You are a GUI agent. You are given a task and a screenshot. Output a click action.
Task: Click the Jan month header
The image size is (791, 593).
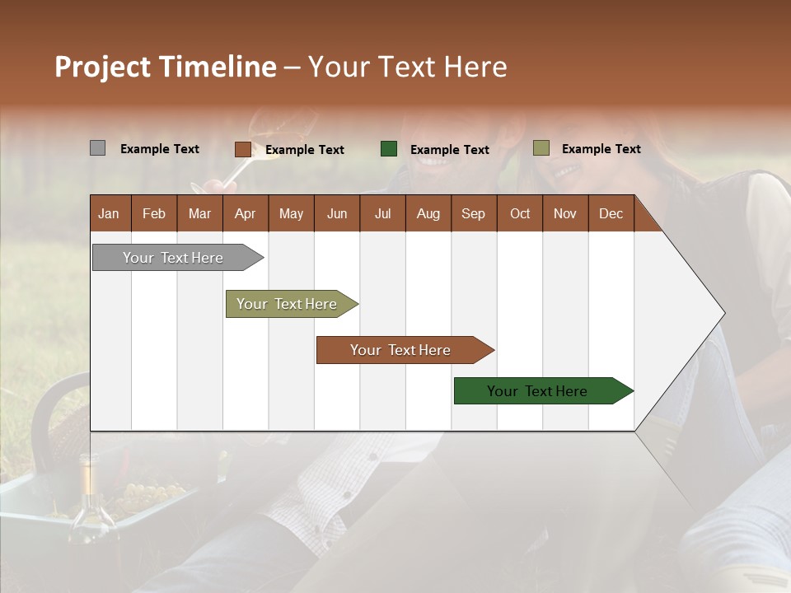coord(109,213)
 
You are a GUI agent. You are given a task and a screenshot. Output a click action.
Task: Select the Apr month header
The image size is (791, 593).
coord(245,213)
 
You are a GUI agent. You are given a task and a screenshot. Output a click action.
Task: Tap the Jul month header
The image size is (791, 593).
coord(382,213)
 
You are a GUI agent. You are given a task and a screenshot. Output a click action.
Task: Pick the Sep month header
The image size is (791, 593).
coord(473,213)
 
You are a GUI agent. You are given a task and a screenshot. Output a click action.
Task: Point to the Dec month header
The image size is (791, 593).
coord(611,213)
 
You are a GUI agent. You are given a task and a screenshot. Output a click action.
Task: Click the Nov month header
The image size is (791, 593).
coord(564,213)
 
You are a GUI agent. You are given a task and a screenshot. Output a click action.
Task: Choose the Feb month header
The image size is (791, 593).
coord(154,213)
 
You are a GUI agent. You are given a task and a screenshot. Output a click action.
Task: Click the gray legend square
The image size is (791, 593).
coord(97,148)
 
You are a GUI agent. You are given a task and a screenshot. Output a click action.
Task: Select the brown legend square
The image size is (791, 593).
coord(242,149)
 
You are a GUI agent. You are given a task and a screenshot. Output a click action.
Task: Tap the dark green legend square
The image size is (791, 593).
coord(389,149)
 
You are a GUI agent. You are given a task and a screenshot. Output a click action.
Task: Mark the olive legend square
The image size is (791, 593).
coord(541,148)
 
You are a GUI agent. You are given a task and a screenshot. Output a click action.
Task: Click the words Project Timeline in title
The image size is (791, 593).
coord(165,67)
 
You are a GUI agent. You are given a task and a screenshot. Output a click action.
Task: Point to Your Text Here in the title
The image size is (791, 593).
coord(407,67)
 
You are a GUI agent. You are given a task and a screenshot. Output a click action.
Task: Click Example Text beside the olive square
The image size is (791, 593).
coord(601,149)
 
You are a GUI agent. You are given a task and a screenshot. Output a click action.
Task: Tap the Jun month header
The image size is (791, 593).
coord(336,213)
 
